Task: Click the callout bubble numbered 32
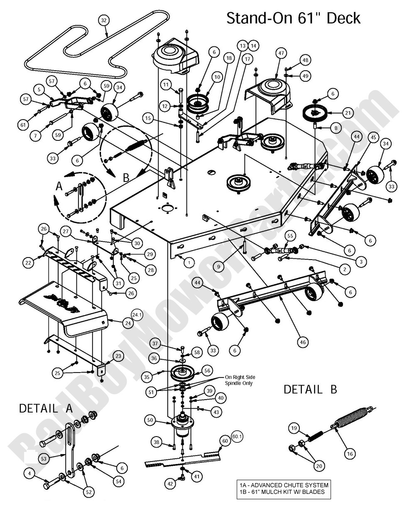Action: pos(104,20)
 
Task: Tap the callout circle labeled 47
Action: pos(281,53)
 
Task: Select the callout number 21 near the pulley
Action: pos(348,112)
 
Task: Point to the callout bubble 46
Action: pos(303,342)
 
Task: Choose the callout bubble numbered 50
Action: pos(151,420)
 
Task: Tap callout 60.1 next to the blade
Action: pos(237,436)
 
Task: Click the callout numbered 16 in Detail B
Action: pos(350,454)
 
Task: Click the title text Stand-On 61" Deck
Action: pos(293,19)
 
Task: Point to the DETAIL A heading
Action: pos(46,408)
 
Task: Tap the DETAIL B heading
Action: pos(310,389)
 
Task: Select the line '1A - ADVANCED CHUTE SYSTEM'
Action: pos(283,485)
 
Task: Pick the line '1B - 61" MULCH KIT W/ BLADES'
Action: pos(282,492)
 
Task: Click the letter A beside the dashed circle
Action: pos(59,187)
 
